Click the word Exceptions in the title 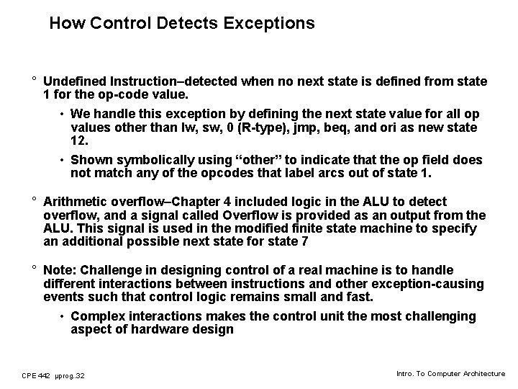269,23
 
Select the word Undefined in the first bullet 76,81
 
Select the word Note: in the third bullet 60,270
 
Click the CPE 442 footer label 36,375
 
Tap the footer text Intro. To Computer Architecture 451,374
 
